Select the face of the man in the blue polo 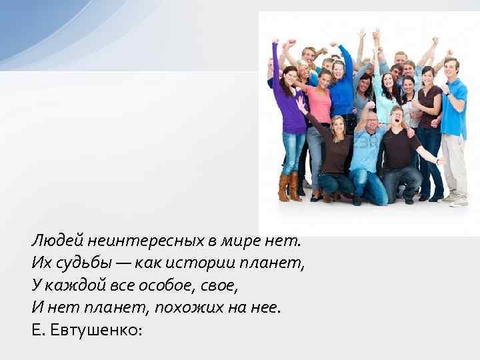coord(451,67)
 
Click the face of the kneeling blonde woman coord(338,125)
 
